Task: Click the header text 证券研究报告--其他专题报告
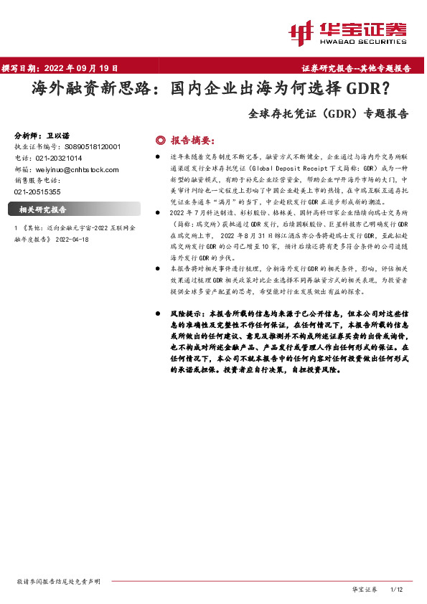click(356, 69)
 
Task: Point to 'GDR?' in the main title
click(370, 90)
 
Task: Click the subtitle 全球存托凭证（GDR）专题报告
click(328, 113)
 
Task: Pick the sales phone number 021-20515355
click(37, 192)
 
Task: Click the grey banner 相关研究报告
click(43, 210)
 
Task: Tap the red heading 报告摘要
click(192, 140)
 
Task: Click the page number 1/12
click(397, 589)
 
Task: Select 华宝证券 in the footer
click(364, 589)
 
